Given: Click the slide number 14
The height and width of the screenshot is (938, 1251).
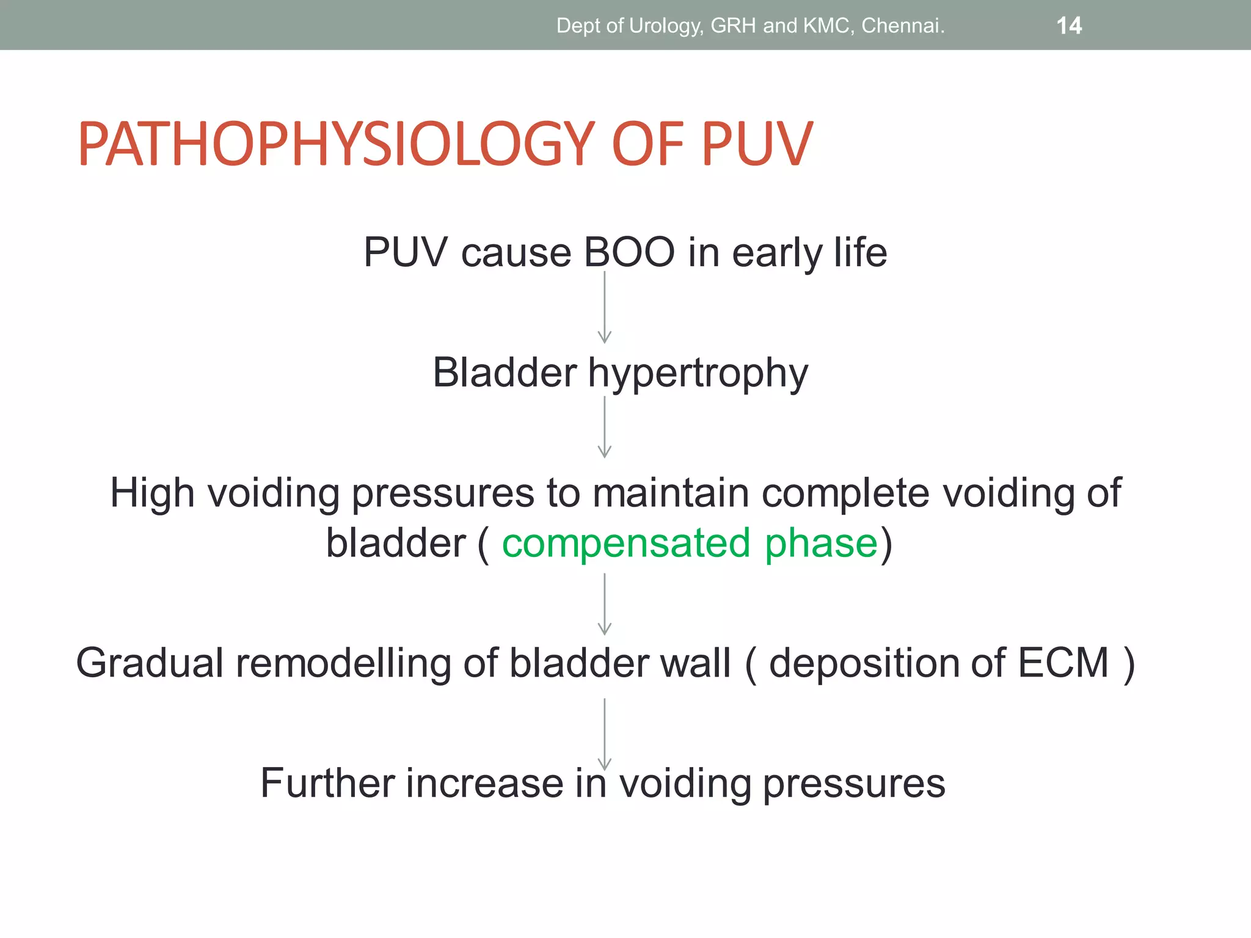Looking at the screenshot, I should (1068, 26).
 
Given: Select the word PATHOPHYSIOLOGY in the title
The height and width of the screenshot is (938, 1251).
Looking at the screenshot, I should (336, 145).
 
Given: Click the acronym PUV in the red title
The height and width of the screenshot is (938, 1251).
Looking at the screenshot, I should (756, 145).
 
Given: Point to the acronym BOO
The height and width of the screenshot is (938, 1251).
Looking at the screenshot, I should (629, 252).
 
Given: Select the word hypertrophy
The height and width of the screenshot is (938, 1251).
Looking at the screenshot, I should (698, 373).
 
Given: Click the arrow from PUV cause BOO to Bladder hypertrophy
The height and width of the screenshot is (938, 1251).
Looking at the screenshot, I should (604, 308).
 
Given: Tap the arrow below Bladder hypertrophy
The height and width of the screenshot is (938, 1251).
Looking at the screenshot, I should (604, 427).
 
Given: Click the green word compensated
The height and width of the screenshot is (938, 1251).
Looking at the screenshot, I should (625, 544).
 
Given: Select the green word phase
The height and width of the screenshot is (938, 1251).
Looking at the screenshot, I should (821, 544).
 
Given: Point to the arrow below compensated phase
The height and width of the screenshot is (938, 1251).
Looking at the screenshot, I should (604, 604).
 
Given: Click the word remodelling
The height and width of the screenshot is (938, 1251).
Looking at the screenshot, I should (343, 663).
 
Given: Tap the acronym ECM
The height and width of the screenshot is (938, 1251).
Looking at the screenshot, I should (1062, 663).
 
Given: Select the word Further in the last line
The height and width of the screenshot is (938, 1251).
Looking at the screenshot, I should (327, 783).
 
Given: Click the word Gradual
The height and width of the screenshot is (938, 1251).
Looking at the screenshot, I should (150, 663).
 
